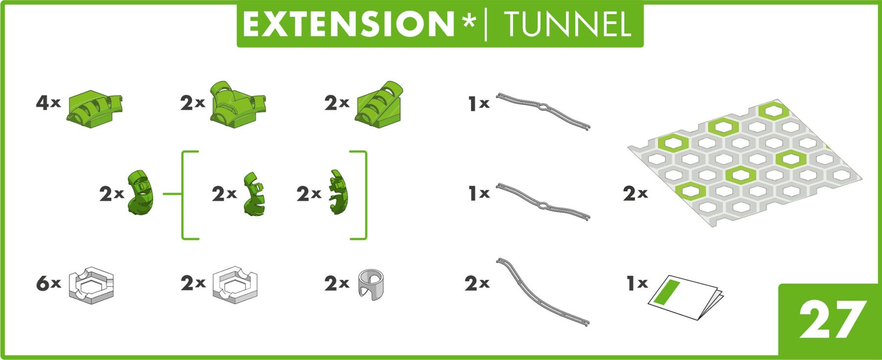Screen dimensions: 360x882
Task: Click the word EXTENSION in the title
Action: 348,24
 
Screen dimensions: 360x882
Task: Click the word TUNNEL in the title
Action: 567,24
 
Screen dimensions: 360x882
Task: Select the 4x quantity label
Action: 48,103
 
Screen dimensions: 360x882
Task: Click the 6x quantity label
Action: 48,283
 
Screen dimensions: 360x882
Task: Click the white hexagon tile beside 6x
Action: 91,284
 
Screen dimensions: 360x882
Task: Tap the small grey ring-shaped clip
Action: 371,284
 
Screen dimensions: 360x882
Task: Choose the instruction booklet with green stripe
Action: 686,297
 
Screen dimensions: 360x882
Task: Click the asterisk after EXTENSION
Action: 469,22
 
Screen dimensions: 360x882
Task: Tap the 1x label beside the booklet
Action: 637,283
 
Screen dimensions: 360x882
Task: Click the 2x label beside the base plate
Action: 635,194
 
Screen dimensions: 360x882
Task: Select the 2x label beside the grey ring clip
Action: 337,283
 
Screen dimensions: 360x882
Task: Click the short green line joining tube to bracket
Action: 171,194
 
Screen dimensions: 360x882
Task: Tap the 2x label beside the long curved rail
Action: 477,283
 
